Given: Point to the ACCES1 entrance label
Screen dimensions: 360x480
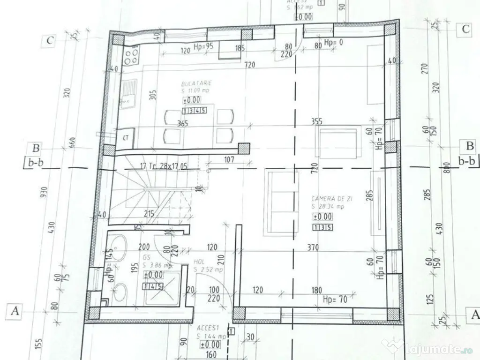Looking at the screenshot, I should click(x=206, y=329).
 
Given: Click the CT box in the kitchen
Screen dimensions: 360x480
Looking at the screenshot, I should click(x=126, y=138).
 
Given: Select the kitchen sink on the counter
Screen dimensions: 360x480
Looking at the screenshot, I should click(x=128, y=92).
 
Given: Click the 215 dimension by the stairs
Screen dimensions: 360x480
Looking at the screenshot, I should click(x=150, y=214).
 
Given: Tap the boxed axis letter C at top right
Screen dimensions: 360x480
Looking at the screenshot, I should click(x=465, y=29).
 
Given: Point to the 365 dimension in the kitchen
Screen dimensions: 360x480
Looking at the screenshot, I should click(x=183, y=124).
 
